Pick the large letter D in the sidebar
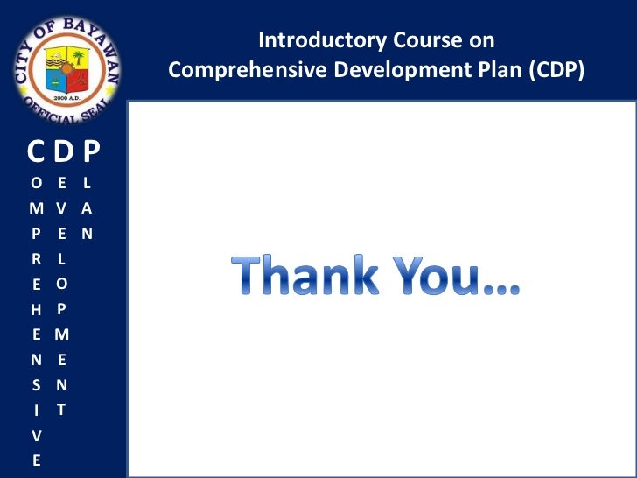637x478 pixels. click(x=62, y=154)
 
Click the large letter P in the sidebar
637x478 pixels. click(x=91, y=154)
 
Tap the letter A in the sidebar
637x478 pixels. click(x=87, y=209)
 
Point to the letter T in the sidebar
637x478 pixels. click(x=60, y=409)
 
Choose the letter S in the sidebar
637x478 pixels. click(x=36, y=384)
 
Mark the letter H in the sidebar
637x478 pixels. click(x=36, y=309)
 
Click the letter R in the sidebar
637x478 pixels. click(x=36, y=259)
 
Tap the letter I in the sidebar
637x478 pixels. click(x=36, y=410)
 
